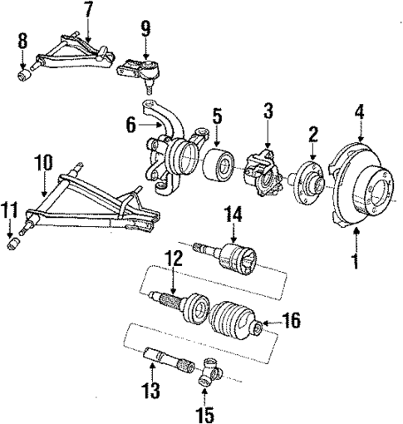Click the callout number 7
88,10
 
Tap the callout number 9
145,28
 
